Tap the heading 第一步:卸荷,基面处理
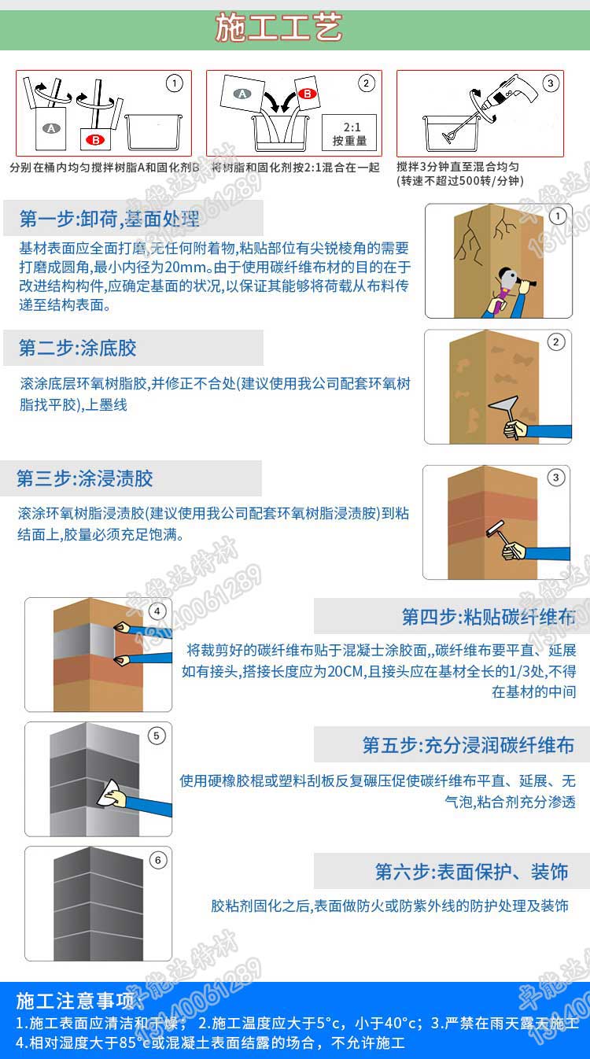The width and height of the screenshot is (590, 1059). (x=109, y=218)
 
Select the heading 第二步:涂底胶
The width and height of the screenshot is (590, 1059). (x=78, y=348)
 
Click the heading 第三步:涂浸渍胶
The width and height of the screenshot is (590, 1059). (x=85, y=478)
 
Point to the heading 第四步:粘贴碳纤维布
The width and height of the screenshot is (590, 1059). (x=488, y=616)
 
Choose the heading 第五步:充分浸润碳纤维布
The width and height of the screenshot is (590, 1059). (x=468, y=745)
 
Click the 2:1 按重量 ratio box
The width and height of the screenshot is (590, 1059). (x=348, y=134)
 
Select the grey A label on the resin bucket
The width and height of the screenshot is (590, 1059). (x=52, y=127)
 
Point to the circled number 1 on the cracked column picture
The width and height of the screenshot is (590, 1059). (x=558, y=216)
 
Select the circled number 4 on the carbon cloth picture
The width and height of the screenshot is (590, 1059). (x=157, y=611)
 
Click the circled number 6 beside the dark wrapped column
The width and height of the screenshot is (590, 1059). (x=157, y=860)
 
